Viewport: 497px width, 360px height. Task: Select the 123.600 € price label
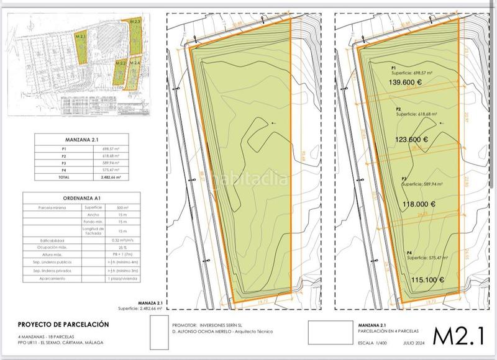coord(412,140)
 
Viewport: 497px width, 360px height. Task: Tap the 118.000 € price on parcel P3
coord(411,204)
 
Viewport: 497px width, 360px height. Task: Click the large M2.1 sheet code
coord(458,336)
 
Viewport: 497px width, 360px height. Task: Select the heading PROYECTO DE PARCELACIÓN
coord(63,324)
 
